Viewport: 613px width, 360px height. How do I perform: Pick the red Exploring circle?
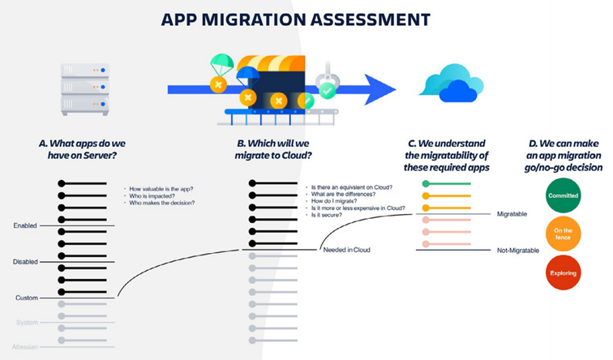click(562, 273)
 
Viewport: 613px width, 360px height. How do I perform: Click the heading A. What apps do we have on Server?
click(83, 150)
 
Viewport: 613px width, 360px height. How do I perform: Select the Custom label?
click(27, 298)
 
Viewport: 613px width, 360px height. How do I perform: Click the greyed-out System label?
click(27, 322)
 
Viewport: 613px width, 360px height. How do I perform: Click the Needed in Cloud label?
click(346, 250)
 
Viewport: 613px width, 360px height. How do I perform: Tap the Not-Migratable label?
click(517, 251)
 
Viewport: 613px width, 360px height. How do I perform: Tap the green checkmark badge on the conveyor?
click(327, 91)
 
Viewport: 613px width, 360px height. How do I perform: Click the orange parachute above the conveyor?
click(220, 64)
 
